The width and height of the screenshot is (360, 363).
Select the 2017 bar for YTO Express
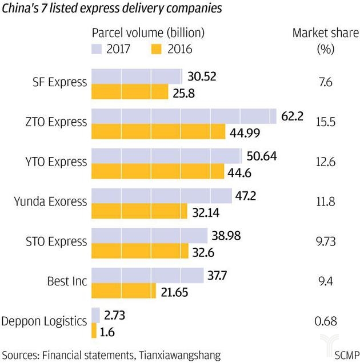167,156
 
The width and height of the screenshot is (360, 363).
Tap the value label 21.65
175,291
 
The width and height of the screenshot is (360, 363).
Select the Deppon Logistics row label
44,321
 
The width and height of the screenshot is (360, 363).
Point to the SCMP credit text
343,354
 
